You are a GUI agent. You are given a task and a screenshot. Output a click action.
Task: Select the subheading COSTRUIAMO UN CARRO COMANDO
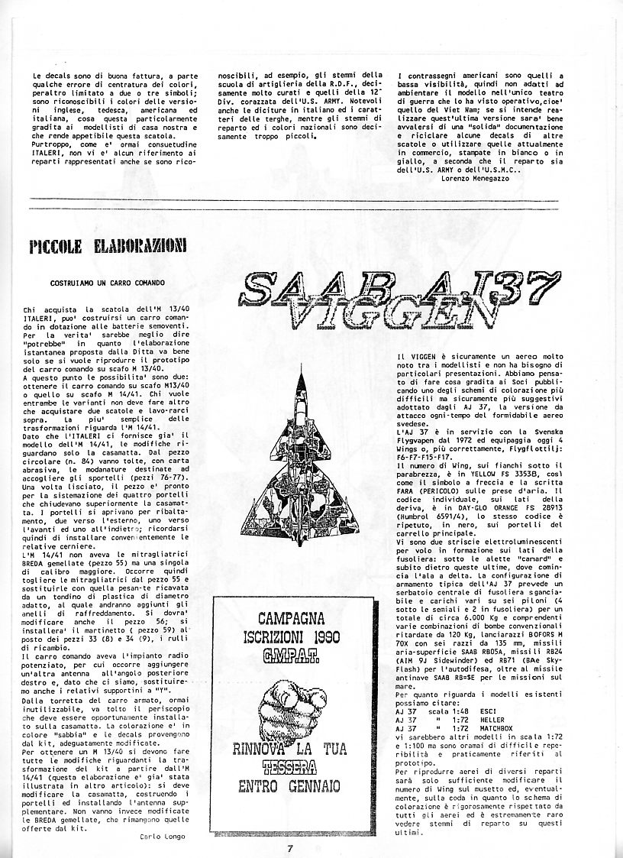click(108, 282)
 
